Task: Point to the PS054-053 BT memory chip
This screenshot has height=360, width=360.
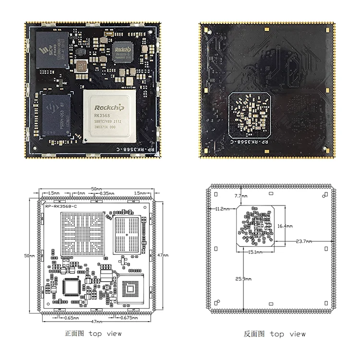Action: tap(53, 115)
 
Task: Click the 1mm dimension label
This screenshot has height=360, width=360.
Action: tap(81, 193)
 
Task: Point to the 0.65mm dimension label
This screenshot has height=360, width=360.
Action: tap(71, 317)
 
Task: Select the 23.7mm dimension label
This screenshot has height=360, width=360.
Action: tap(303, 241)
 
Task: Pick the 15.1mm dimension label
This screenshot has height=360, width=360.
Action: tap(256, 251)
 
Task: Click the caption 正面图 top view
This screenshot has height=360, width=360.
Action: tap(93, 333)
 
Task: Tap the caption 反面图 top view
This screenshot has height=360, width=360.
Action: tap(275, 334)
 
